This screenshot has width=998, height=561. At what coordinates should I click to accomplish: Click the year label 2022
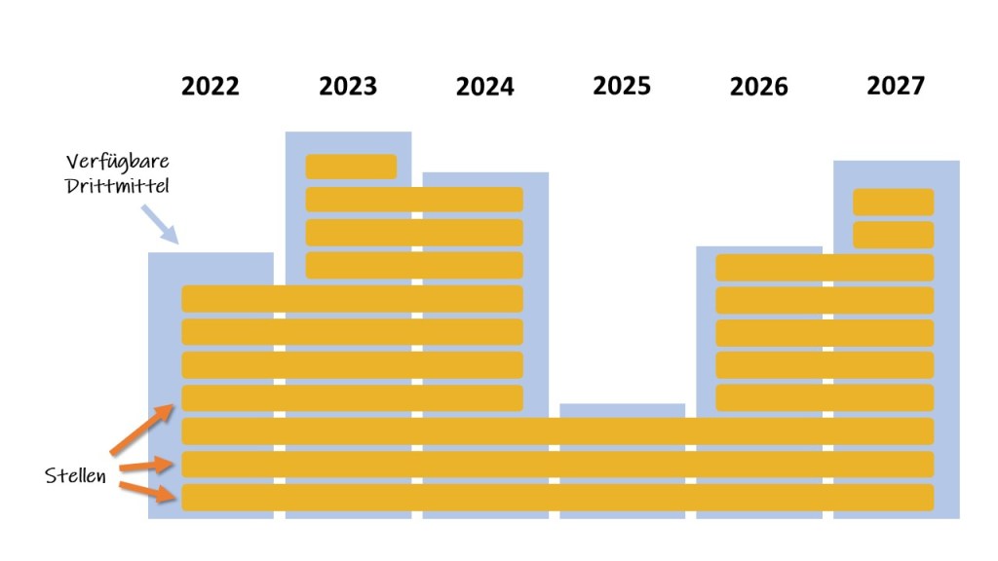pyautogui.click(x=211, y=87)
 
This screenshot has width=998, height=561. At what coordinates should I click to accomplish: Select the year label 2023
pyautogui.click(x=348, y=87)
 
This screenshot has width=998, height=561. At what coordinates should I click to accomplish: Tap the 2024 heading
pyautogui.click(x=484, y=88)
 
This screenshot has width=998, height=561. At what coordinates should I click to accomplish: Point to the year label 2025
pyautogui.click(x=622, y=86)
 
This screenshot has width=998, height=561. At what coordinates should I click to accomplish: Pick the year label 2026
pyautogui.click(x=758, y=88)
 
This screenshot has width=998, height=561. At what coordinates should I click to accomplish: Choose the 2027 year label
pyautogui.click(x=896, y=86)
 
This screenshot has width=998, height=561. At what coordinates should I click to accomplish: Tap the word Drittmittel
pyautogui.click(x=118, y=185)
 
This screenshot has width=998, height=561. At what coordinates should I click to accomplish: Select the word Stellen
pyautogui.click(x=76, y=476)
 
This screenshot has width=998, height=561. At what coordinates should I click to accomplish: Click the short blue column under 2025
pyautogui.click(x=623, y=410)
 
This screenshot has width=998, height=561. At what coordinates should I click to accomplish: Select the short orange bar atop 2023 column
pyautogui.click(x=351, y=167)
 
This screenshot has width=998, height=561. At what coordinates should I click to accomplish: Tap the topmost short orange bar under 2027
pyautogui.click(x=894, y=202)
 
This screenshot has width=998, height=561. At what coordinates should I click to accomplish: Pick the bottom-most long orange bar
pyautogui.click(x=557, y=497)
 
